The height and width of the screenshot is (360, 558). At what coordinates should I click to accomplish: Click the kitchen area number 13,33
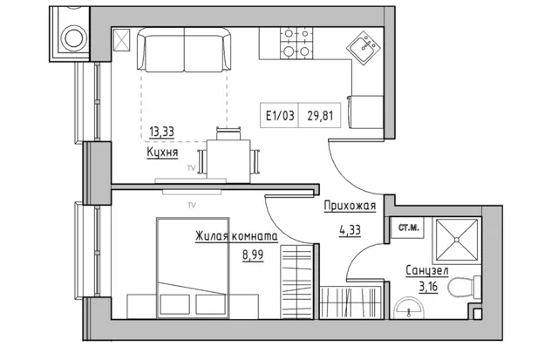point(161,132)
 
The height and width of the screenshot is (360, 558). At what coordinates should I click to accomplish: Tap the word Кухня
point(162,153)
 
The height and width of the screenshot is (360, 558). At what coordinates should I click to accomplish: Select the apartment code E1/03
point(280,115)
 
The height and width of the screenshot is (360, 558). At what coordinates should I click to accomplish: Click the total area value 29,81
point(320,115)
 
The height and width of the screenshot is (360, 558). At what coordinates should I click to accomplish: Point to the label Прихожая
point(350,207)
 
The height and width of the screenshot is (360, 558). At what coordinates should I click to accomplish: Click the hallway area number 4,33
point(350,230)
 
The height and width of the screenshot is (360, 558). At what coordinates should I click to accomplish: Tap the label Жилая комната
point(236,236)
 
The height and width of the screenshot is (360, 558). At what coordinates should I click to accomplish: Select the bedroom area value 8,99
point(253,255)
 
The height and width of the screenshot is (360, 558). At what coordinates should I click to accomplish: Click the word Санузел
point(427,271)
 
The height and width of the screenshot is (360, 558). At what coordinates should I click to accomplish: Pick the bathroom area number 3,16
point(428,286)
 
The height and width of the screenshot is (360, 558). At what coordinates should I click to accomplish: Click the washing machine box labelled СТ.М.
point(408,228)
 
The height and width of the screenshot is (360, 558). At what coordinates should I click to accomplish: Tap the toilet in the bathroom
point(464,287)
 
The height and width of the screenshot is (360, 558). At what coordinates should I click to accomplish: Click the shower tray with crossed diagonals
point(457,240)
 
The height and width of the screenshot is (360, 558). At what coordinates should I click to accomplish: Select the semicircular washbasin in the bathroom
point(409,308)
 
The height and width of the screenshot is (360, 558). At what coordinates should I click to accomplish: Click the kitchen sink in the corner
point(364,48)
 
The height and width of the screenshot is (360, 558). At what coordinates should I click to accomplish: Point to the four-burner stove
point(296,43)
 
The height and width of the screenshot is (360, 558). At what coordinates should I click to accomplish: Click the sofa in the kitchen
point(184,50)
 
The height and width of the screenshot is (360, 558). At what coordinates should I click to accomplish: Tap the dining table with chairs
point(228,157)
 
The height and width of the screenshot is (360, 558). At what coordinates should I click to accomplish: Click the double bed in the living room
point(193,268)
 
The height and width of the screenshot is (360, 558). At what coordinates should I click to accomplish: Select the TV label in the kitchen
point(192,168)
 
